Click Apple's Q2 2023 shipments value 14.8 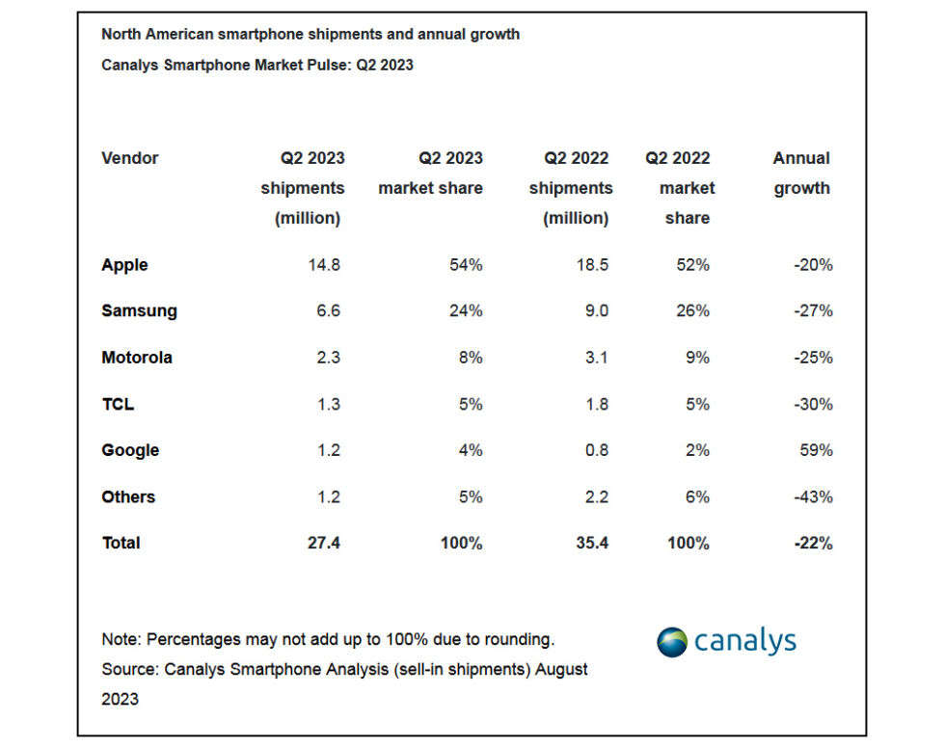tap(324, 265)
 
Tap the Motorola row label tap(137, 358)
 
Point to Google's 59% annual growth tap(815, 450)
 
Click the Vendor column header tap(129, 158)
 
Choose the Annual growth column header tap(801, 174)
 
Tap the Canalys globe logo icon tap(672, 641)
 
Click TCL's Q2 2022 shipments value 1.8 tap(597, 404)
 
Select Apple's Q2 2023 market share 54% tap(465, 265)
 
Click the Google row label tap(130, 450)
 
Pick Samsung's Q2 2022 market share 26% tap(692, 311)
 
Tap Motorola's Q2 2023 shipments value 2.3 tap(328, 358)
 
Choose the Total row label tap(121, 544)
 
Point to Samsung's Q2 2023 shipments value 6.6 tap(328, 311)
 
